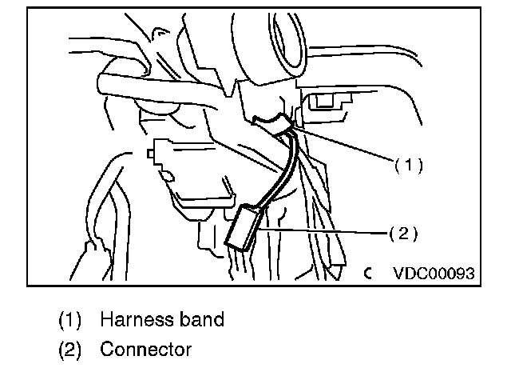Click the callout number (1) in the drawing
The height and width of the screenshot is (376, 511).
pos(407,166)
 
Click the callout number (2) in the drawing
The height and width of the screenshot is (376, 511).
pos(403,234)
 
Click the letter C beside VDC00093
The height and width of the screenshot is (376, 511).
pos(368,273)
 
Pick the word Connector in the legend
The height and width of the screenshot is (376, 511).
pos(146,350)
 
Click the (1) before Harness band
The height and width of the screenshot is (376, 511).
pos(69,320)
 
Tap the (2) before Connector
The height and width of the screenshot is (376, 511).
pos(69,350)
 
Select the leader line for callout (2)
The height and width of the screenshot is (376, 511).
pos(319,230)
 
